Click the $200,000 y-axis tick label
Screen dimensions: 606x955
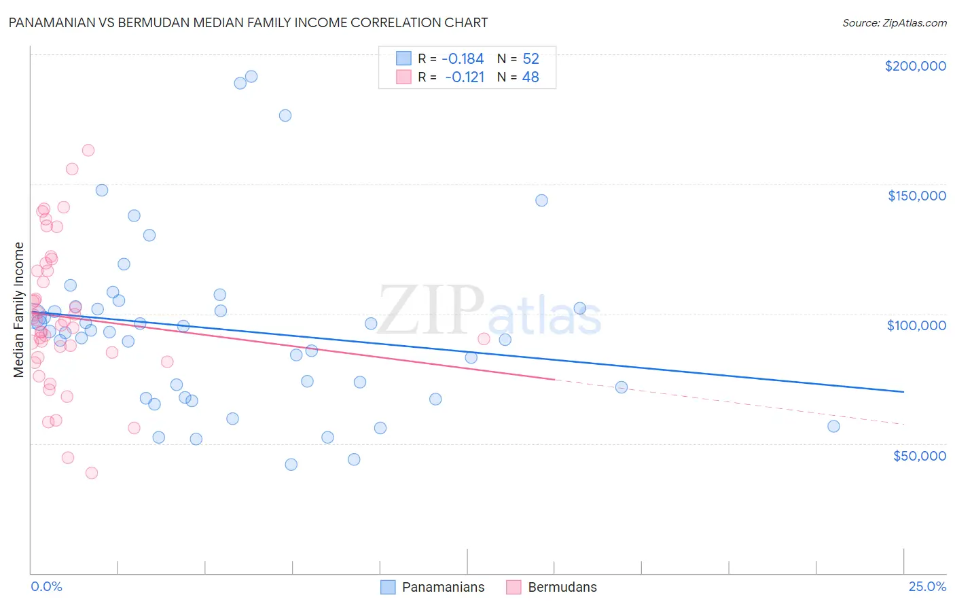[x=915, y=66]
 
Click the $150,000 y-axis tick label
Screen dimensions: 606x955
[x=916, y=196]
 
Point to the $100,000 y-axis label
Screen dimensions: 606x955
[x=916, y=325]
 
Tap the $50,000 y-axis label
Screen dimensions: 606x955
[x=919, y=455]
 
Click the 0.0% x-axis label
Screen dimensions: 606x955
[x=46, y=586]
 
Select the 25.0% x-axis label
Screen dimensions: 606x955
[x=927, y=586]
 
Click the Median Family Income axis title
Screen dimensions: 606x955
[x=19, y=310]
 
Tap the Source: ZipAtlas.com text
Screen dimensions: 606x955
[x=894, y=22]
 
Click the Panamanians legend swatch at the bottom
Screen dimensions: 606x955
[x=388, y=587]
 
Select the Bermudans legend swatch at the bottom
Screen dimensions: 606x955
[x=513, y=587]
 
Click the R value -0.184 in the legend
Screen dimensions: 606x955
[x=463, y=59]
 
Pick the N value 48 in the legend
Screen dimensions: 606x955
[x=530, y=77]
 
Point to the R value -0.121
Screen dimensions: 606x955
[x=465, y=77]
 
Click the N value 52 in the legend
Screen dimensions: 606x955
[x=530, y=59]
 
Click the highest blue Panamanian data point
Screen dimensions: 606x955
[x=251, y=77]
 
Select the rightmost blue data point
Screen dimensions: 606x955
[x=833, y=426]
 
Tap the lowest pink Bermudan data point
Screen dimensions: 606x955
[x=92, y=473]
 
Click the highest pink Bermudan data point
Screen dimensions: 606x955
[x=88, y=150]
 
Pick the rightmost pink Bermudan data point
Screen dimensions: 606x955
[x=484, y=339]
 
